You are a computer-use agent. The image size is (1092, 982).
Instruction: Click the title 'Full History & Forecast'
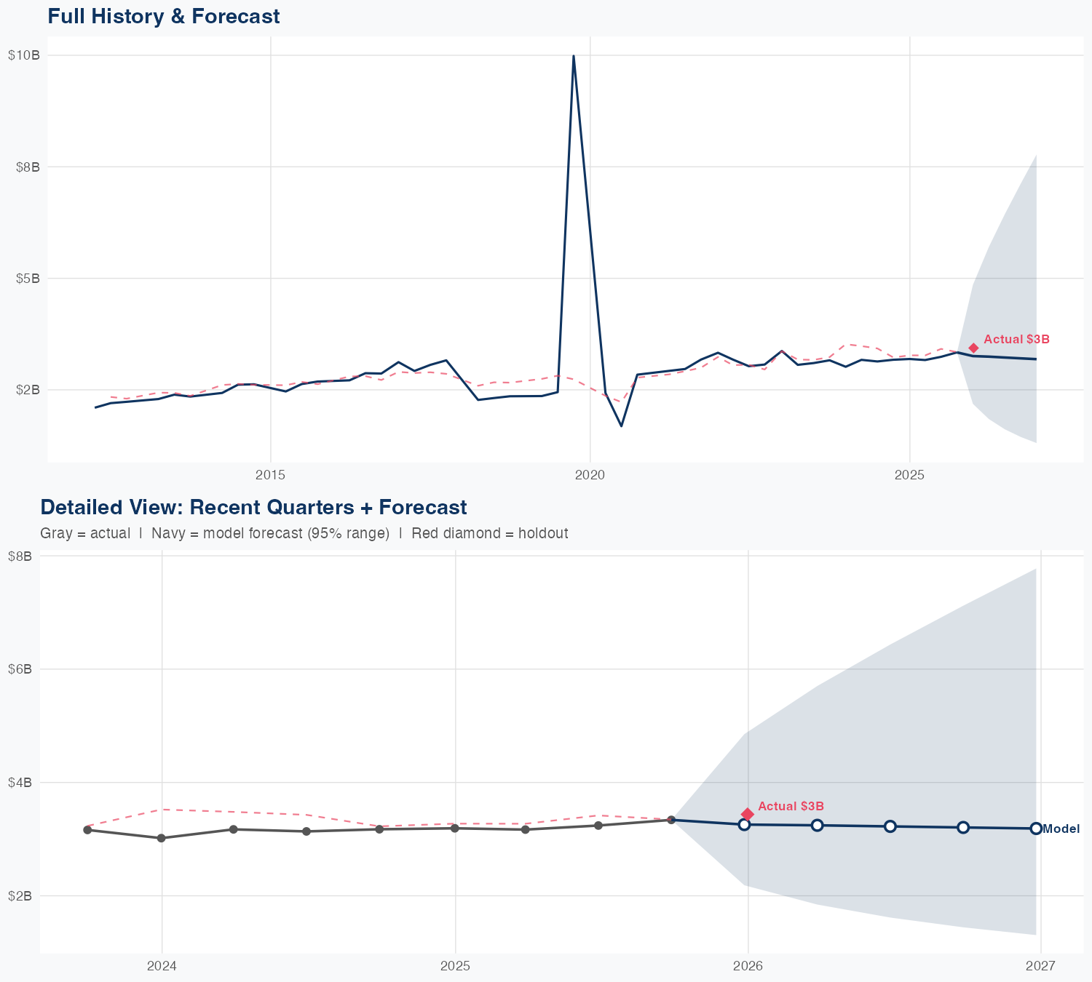tap(164, 16)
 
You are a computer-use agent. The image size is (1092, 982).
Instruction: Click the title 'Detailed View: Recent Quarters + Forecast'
tap(253, 507)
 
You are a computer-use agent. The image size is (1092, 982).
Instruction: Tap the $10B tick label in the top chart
tap(23, 55)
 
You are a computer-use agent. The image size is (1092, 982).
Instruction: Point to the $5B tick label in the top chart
tap(26, 278)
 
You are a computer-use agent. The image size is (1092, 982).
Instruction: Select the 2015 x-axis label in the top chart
tap(271, 475)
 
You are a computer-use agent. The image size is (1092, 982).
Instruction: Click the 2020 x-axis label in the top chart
tap(590, 475)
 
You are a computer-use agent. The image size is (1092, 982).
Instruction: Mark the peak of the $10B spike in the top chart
tap(574, 56)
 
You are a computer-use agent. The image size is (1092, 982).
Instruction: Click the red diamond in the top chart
tap(973, 348)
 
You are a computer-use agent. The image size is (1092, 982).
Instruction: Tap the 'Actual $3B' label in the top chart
tap(1016, 339)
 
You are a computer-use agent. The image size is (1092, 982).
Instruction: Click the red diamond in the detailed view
tap(747, 814)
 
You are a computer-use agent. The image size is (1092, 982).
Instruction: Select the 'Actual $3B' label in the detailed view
tap(791, 806)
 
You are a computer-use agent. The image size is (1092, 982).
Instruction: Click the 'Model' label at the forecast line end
tap(1061, 829)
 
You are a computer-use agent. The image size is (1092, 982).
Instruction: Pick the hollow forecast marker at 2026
tap(744, 824)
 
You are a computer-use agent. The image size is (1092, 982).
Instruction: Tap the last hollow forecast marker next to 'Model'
tap(1036, 829)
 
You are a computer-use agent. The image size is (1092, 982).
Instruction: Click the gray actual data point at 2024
tap(161, 838)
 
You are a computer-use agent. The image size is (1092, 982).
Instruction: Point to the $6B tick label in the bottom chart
tap(20, 669)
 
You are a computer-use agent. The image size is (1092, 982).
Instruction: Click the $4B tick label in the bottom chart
tap(20, 783)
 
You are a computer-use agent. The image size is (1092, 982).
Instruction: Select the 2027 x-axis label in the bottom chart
tap(1041, 966)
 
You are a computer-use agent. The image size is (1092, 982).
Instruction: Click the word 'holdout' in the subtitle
tap(545, 533)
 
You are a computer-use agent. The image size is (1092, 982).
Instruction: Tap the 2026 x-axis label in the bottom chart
tap(748, 966)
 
